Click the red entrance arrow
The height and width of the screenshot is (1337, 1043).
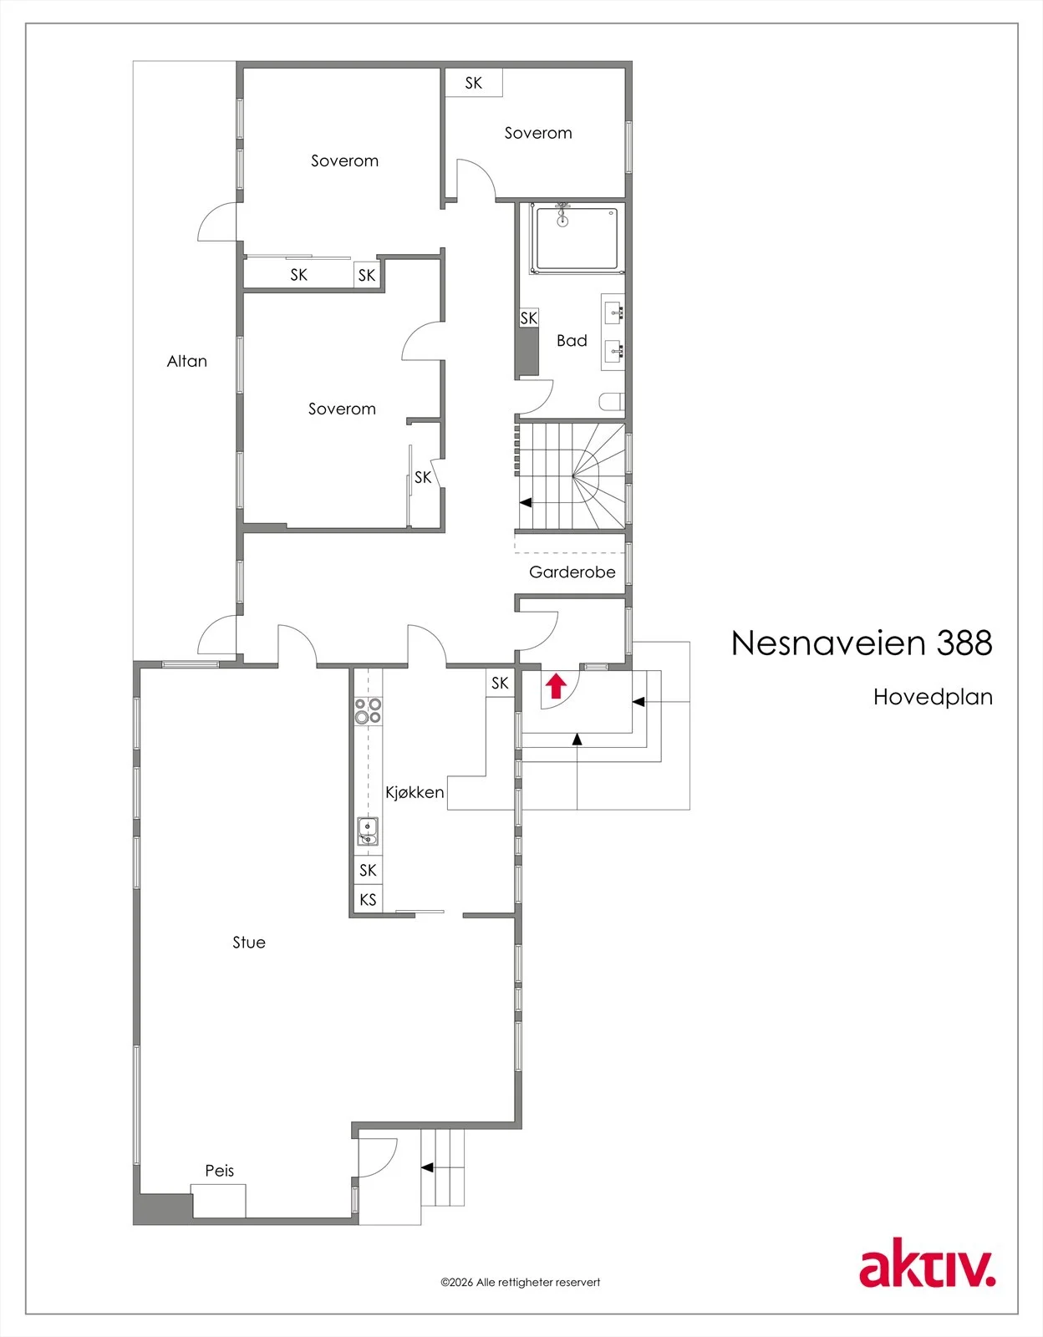[x=556, y=685]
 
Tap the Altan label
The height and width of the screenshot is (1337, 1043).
[x=187, y=361]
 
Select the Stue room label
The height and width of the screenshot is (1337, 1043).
[x=249, y=942]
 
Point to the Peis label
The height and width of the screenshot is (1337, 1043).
[x=220, y=1170]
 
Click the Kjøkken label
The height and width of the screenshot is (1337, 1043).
[x=415, y=792]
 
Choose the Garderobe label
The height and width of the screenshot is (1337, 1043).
[x=572, y=572]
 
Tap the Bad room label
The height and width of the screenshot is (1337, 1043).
[x=572, y=340]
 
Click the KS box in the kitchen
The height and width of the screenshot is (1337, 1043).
[x=368, y=899]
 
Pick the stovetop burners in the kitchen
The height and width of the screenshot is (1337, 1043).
[x=368, y=710]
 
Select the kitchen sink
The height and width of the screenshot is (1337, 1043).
[x=368, y=831]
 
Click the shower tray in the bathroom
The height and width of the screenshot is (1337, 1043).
[x=577, y=240]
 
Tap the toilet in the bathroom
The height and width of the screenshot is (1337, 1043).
[x=613, y=402]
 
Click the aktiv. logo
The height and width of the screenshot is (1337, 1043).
[x=928, y=1270]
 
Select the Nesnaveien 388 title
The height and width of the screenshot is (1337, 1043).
[x=862, y=643]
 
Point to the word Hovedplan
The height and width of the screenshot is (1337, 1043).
[x=933, y=697]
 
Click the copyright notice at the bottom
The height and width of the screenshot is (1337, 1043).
[x=520, y=1282]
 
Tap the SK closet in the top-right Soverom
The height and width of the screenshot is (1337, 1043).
[x=474, y=83]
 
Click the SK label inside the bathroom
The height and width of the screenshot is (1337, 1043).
[x=528, y=318]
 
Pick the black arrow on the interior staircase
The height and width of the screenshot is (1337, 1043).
[x=526, y=503]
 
